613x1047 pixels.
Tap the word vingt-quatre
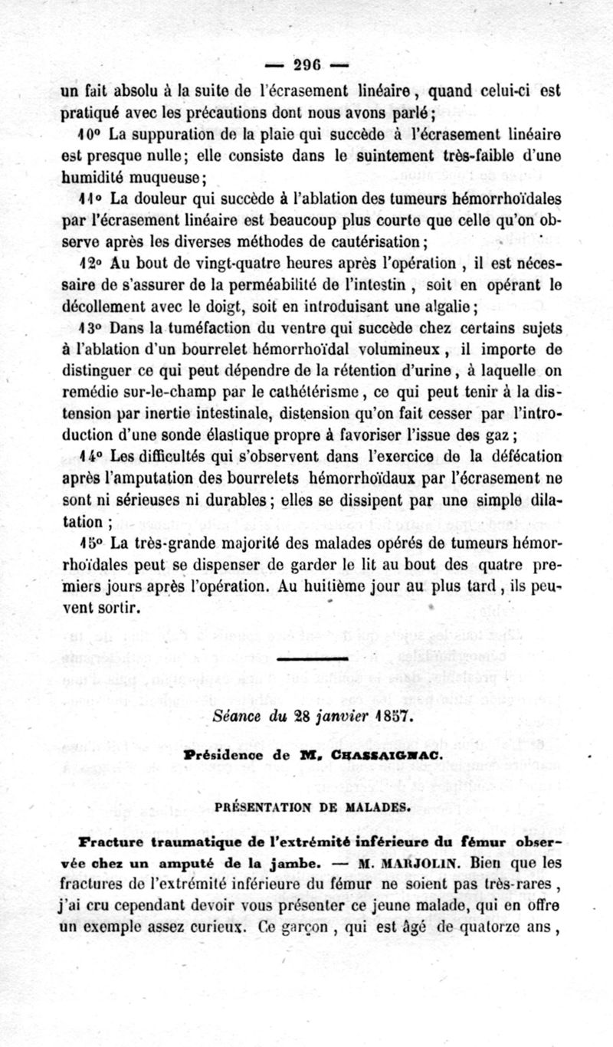coord(198,264)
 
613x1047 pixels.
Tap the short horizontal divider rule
coord(310,658)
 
